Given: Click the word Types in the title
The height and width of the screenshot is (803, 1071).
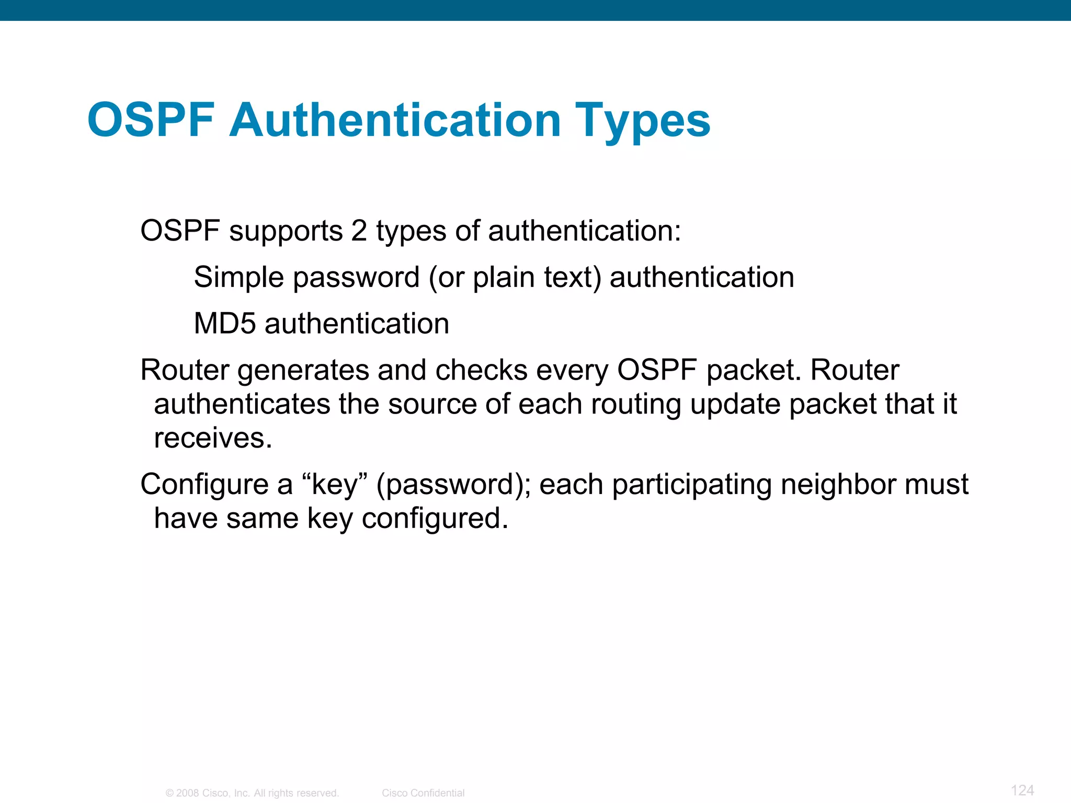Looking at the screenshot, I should [x=643, y=121].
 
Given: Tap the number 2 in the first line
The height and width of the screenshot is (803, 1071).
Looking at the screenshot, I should [x=359, y=231].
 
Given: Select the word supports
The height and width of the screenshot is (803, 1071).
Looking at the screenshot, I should [x=286, y=232].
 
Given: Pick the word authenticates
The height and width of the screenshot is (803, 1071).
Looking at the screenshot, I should [x=242, y=404].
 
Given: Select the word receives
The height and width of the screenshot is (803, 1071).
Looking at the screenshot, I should [x=213, y=438].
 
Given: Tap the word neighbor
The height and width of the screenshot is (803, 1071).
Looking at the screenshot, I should [x=838, y=485].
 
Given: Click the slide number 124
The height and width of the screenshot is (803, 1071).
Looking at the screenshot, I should [x=1022, y=790].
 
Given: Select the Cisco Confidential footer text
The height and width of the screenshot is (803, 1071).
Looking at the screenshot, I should [x=423, y=793].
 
